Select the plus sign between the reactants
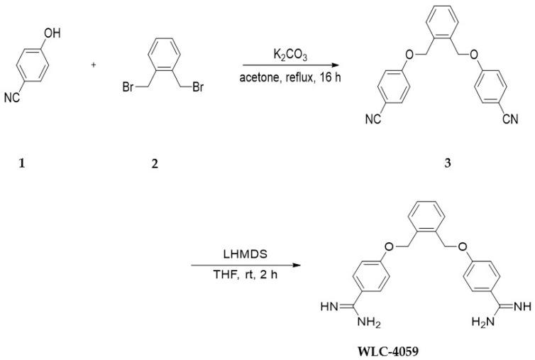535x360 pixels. [94, 65]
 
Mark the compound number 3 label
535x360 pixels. [446, 162]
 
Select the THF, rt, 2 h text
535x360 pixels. [240, 273]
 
